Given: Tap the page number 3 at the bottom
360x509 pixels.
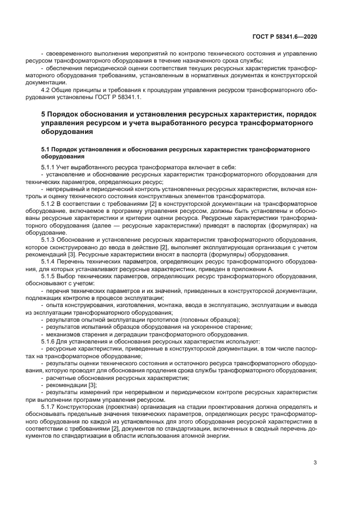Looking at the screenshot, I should click(x=315, y=463).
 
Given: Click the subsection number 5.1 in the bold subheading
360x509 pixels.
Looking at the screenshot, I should click(x=47, y=148).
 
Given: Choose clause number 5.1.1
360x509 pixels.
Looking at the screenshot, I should click(x=50, y=167).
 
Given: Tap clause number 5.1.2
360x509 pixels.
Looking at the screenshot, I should click(x=50, y=203).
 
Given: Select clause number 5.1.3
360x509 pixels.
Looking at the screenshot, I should click(x=50, y=239).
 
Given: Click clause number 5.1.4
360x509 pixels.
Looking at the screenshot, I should click(x=50, y=261).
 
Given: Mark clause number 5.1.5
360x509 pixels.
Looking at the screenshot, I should click(x=50, y=275).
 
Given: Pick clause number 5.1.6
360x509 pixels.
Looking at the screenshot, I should click(x=50, y=341).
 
